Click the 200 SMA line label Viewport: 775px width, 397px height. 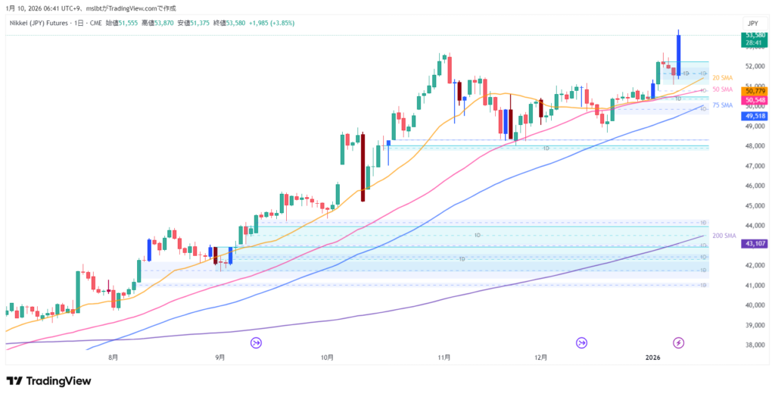(x=724, y=236)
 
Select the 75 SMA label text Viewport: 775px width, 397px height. (x=722, y=105)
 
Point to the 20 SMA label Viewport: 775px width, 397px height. (x=722, y=78)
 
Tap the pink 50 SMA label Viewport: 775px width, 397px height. (x=722, y=89)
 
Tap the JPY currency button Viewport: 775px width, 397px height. (x=752, y=23)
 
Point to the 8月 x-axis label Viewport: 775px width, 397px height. (x=114, y=356)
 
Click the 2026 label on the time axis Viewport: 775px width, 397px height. (x=653, y=356)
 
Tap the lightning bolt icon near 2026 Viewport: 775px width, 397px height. (x=679, y=342)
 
